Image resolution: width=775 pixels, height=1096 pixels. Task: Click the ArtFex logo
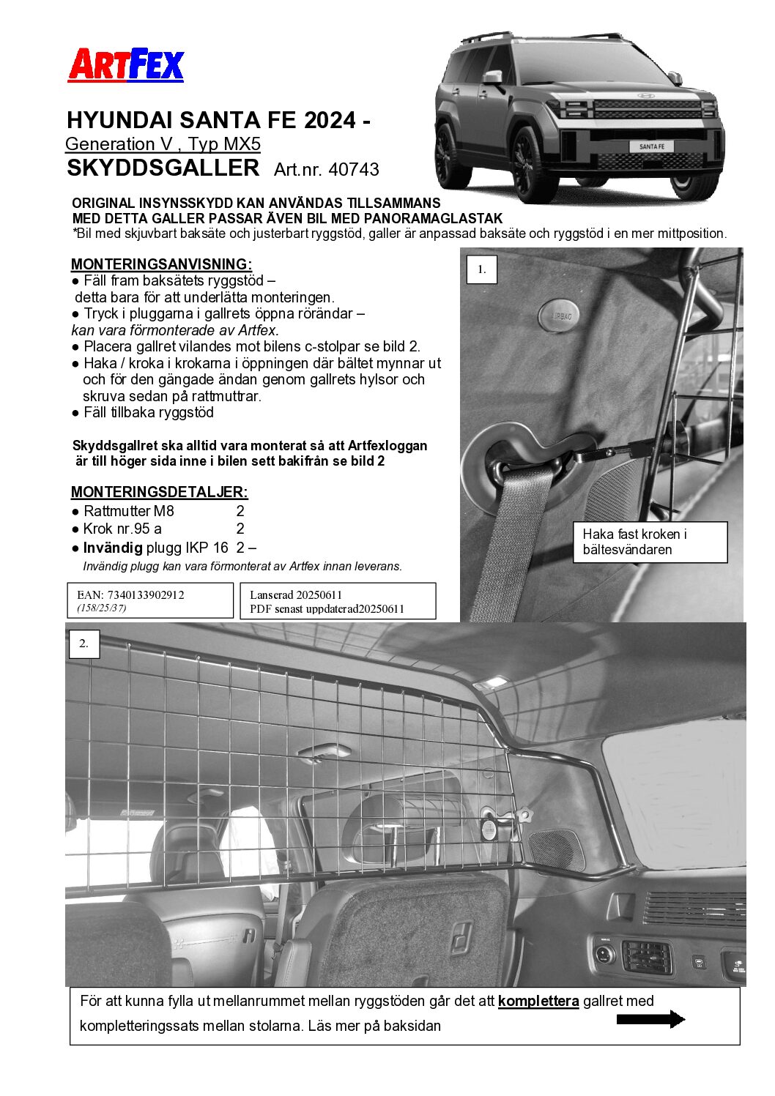[x=126, y=65]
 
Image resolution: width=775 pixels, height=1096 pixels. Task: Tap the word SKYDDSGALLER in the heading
[x=163, y=168]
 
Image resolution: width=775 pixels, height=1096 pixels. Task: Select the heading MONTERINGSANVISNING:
[x=161, y=264]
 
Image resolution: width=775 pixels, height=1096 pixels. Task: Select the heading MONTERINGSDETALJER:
[x=159, y=492]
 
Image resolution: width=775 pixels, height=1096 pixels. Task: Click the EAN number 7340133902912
[x=145, y=594]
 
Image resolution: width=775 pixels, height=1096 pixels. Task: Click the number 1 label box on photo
[x=481, y=269]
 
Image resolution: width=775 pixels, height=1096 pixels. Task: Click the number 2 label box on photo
[x=84, y=644]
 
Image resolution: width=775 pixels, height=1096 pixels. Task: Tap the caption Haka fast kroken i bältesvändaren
[x=649, y=542]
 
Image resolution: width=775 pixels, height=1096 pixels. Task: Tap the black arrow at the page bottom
[x=650, y=1019]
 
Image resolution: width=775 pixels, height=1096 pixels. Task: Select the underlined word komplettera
[x=538, y=1001]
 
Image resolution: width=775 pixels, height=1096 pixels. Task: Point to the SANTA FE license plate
[x=651, y=146]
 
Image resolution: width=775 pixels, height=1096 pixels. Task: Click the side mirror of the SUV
[x=493, y=77]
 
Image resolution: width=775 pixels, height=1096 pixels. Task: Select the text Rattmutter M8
[x=129, y=511]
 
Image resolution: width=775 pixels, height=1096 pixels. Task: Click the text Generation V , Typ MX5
[x=163, y=144]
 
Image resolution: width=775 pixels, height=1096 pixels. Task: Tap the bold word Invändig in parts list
[x=112, y=548]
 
